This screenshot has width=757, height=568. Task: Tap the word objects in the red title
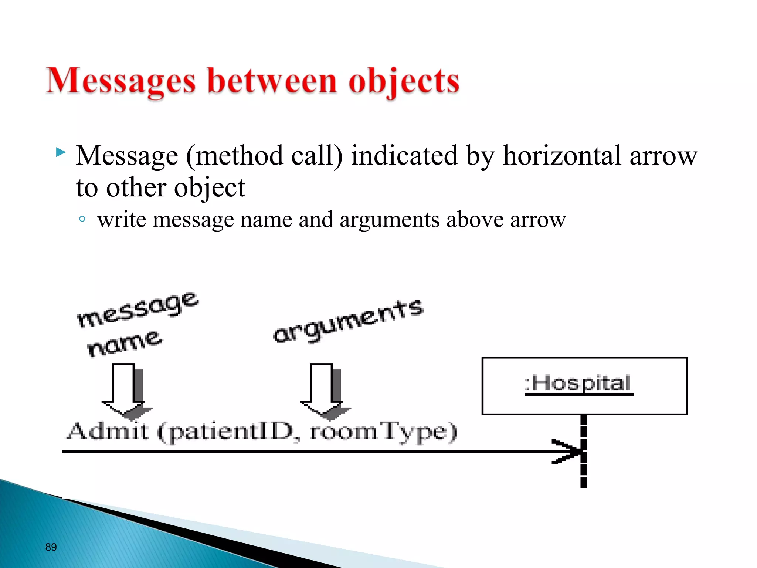coord(404,81)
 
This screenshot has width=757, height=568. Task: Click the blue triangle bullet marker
coord(61,152)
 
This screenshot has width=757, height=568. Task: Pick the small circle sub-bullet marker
coord(82,219)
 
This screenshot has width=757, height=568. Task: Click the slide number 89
coord(51,547)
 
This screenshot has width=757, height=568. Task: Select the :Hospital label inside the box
coord(578,383)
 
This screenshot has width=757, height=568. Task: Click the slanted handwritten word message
coord(138,310)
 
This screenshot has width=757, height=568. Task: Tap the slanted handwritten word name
coord(124,344)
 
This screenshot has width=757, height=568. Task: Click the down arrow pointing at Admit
coord(124,390)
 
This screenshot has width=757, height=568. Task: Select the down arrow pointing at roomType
coord(322,390)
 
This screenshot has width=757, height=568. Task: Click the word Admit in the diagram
coord(108,431)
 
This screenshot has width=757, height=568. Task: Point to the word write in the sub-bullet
coord(122,220)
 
